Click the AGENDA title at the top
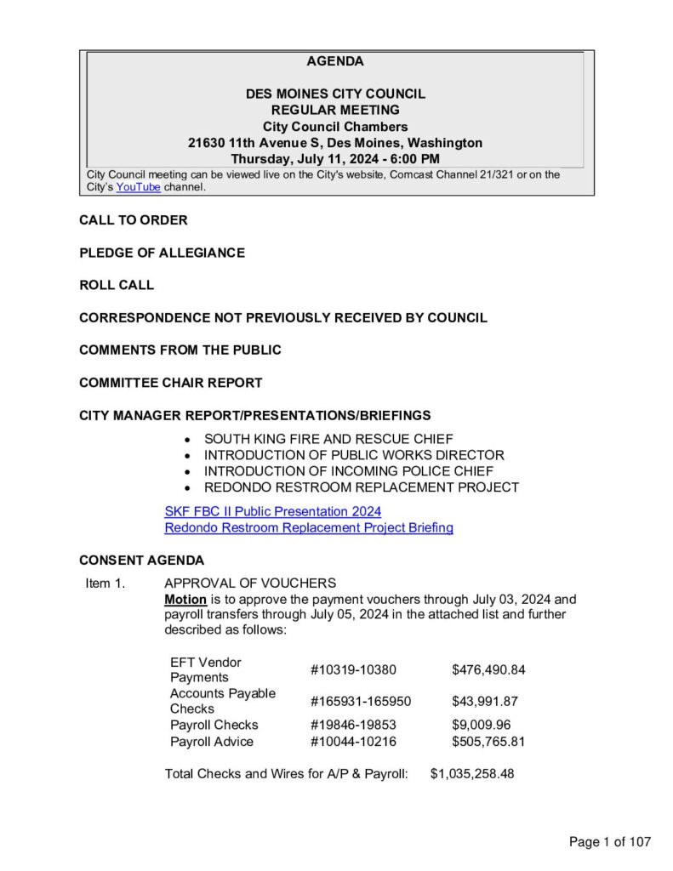pyautogui.click(x=335, y=61)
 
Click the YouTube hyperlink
pyautogui.click(x=138, y=187)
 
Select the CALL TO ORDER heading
pyautogui.click(x=134, y=220)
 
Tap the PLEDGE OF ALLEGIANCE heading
pyautogui.click(x=162, y=253)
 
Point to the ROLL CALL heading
pyautogui.click(x=117, y=285)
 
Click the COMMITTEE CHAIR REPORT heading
pyautogui.click(x=170, y=383)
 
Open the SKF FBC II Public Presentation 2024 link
pyautogui.click(x=272, y=511)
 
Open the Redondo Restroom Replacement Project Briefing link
pyautogui.click(x=308, y=527)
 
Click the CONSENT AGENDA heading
pyautogui.click(x=141, y=561)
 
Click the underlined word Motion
pyautogui.click(x=185, y=599)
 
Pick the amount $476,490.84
pyautogui.click(x=488, y=669)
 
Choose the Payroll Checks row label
pyautogui.click(x=214, y=725)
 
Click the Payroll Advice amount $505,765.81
pyautogui.click(x=488, y=742)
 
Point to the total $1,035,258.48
pyautogui.click(x=472, y=774)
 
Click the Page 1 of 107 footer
pyautogui.click(x=609, y=842)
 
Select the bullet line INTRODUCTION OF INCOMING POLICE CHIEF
pyautogui.click(x=348, y=471)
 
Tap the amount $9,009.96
pyautogui.click(x=481, y=725)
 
